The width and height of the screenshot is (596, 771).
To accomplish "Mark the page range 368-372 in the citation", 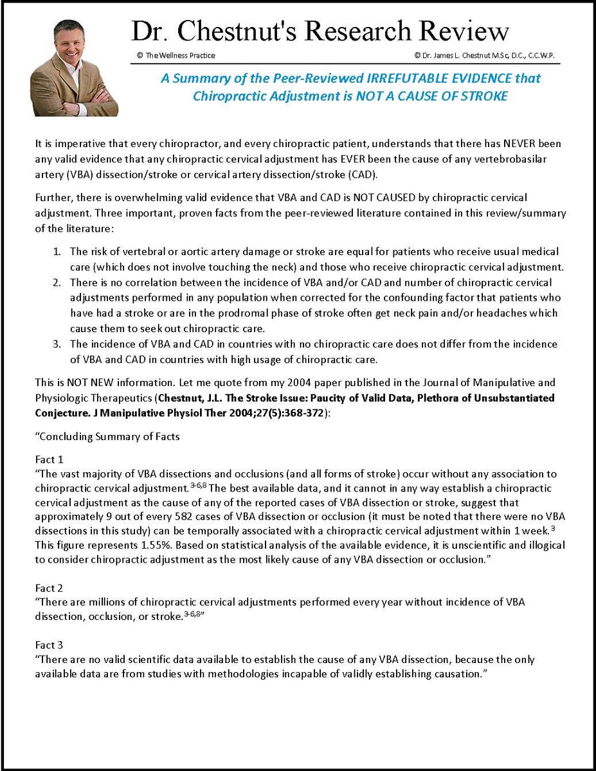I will click(x=306, y=413).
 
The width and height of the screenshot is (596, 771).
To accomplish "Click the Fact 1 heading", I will click(x=48, y=460).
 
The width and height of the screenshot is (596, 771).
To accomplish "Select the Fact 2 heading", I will click(x=48, y=588).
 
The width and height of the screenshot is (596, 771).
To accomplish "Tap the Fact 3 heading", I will click(x=48, y=644).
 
